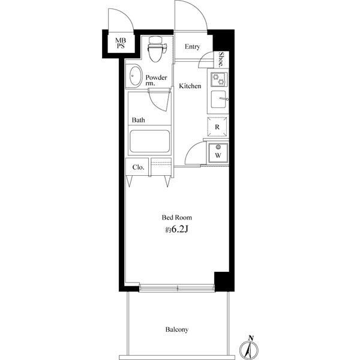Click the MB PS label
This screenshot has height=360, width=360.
point(121,43)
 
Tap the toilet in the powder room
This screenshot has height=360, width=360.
point(157,49)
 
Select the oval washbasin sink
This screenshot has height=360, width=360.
point(135,76)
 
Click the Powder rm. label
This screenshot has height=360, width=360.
point(156,80)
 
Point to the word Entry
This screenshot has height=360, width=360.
point(193,47)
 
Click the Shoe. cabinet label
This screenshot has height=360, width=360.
point(221,59)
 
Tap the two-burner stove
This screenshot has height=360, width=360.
point(219,79)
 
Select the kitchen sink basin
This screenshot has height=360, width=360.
point(219,99)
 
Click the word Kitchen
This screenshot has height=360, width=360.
point(190,86)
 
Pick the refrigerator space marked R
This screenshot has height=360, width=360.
point(217,127)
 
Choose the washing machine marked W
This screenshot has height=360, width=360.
point(218,153)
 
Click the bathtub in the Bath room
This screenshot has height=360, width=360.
point(149,141)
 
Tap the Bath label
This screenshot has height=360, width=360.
point(139,120)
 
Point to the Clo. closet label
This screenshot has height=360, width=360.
point(138,167)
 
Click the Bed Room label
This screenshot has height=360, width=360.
point(177,217)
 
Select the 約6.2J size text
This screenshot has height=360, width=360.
point(177,229)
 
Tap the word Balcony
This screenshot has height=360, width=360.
point(177,329)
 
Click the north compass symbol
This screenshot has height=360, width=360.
point(249,349)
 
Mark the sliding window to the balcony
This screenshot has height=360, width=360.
point(177,288)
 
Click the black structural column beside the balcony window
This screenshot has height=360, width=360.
point(224,281)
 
